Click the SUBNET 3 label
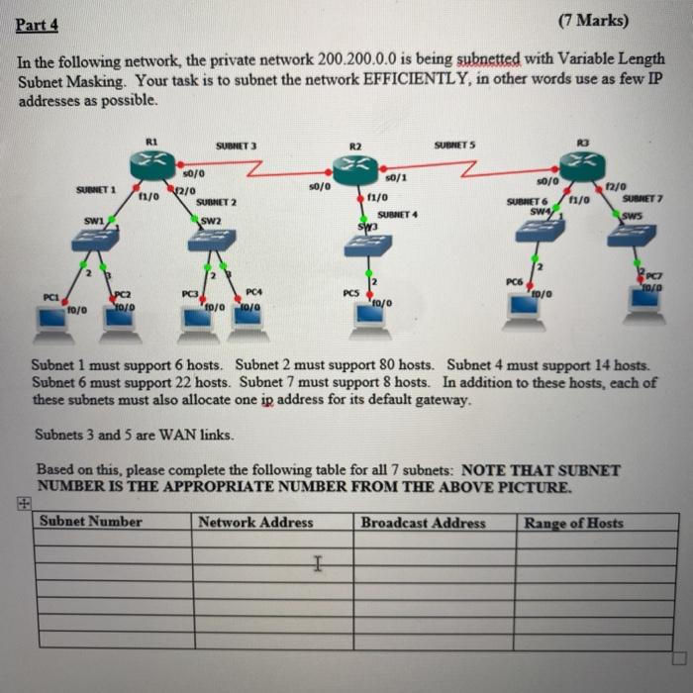pos(236,146)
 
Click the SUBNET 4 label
pos(399,214)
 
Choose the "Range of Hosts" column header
pos(574,523)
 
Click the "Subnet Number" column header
pos(91,522)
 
